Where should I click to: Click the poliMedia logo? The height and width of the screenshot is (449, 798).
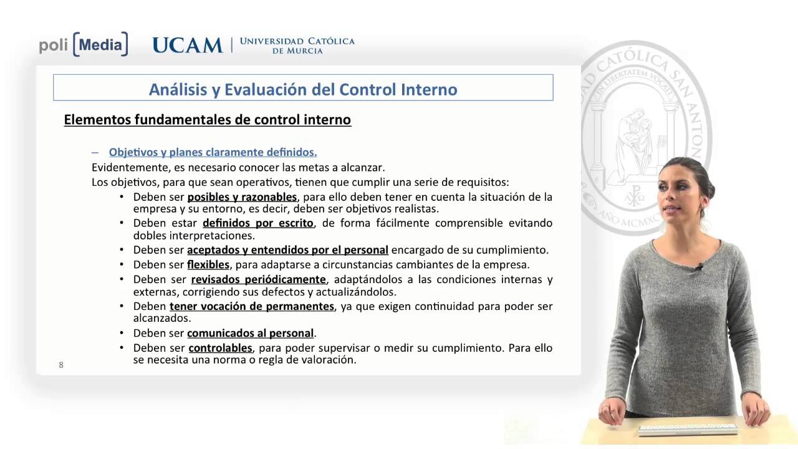click(x=84, y=44)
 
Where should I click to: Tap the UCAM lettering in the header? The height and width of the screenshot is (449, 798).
click(x=187, y=45)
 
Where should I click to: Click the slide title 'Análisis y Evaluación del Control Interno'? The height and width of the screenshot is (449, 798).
click(x=303, y=89)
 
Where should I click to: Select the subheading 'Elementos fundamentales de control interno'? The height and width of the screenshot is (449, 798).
click(x=208, y=119)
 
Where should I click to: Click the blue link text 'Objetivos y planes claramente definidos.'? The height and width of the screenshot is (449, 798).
click(x=213, y=152)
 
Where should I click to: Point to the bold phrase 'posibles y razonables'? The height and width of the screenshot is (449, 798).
click(x=242, y=197)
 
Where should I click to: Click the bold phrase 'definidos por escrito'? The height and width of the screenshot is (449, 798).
click(x=258, y=223)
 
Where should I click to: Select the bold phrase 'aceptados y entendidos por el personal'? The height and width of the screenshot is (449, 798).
click(x=287, y=250)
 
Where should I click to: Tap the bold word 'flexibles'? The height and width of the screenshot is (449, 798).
click(x=208, y=264)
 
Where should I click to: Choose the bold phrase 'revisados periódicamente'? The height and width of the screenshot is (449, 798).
click(x=258, y=279)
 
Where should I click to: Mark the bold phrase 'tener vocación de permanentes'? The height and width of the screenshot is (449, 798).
click(x=252, y=306)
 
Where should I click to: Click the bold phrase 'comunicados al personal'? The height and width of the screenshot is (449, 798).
click(x=250, y=333)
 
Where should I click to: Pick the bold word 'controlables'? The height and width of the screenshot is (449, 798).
click(x=220, y=348)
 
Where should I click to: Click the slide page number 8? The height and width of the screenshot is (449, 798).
click(x=61, y=365)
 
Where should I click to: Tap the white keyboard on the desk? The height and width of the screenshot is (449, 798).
click(x=688, y=430)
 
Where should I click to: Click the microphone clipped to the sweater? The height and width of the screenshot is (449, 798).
click(x=699, y=267)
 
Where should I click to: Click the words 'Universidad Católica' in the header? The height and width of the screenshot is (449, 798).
click(x=297, y=41)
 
